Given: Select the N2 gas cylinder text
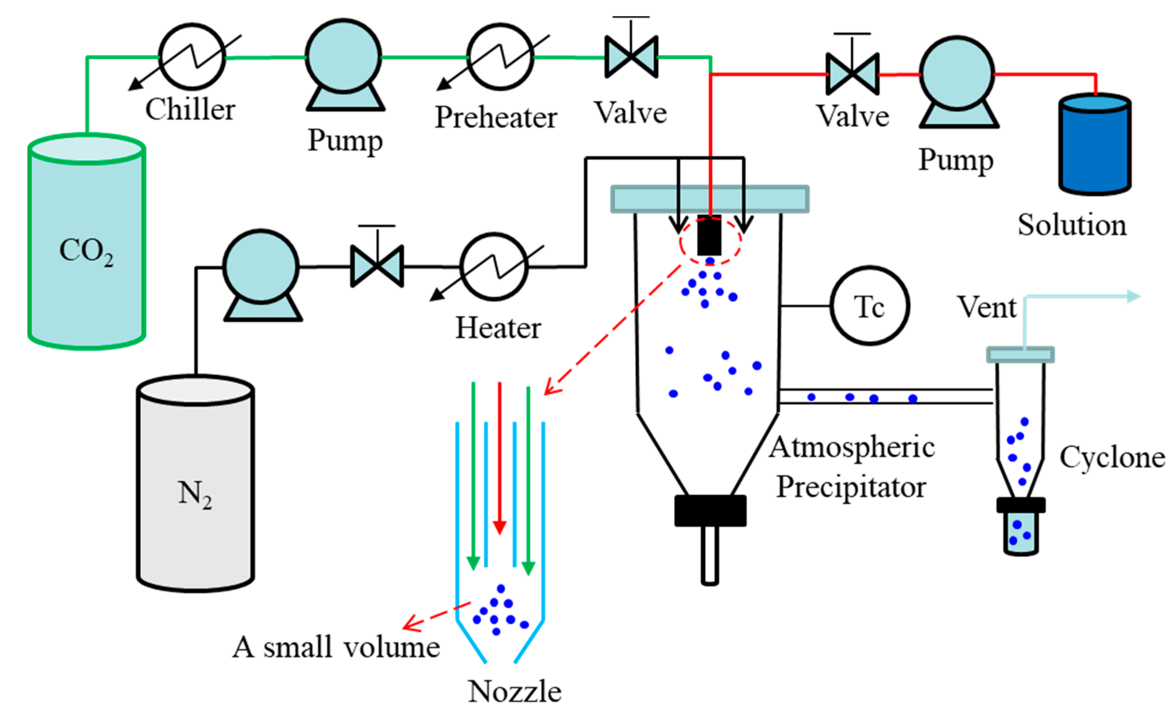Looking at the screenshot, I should [x=195, y=494].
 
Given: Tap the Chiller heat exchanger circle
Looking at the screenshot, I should [x=192, y=57].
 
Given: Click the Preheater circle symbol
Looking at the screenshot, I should [x=500, y=57].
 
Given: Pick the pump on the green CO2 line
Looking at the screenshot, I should [x=343, y=57].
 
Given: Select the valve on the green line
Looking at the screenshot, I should [x=631, y=57].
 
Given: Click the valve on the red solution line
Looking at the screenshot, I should [x=853, y=74].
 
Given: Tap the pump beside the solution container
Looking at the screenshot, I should [x=957, y=74].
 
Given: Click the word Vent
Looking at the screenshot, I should [x=986, y=307].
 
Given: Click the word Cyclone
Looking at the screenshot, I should [x=1112, y=458].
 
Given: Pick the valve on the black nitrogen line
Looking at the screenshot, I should [x=377, y=266].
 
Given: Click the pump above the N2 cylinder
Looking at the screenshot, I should [x=261, y=267].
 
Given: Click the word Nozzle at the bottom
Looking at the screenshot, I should [x=515, y=691].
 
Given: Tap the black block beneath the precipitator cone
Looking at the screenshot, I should [x=710, y=511].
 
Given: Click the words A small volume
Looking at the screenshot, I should [x=336, y=648].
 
